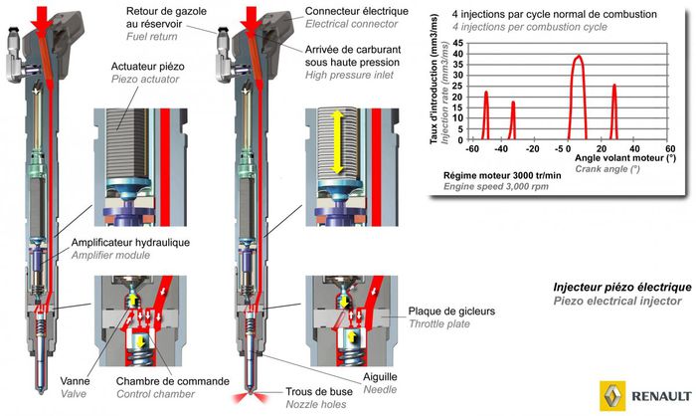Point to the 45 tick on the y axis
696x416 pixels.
pyautogui.click(x=456, y=45)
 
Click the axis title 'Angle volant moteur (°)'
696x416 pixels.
pyautogui.click(x=624, y=157)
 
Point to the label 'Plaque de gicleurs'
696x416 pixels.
pyautogui.click(x=450, y=311)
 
